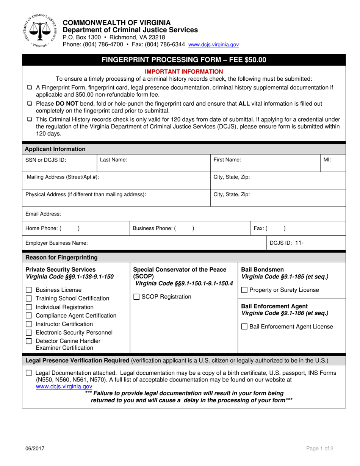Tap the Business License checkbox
click(x=29, y=290)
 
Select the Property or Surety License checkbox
click(x=245, y=290)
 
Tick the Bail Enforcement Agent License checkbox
click(x=245, y=327)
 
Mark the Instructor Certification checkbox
click(x=29, y=324)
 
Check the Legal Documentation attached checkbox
click(x=29, y=373)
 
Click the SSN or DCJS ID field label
click(x=45, y=160)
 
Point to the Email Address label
click(x=43, y=214)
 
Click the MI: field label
click(x=327, y=160)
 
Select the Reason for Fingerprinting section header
click(x=61, y=258)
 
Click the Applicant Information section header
click(x=55, y=149)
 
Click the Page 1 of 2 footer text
click(x=320, y=449)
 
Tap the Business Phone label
click(x=154, y=228)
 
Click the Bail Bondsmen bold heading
click(x=260, y=269)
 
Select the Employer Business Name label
click(x=56, y=243)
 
